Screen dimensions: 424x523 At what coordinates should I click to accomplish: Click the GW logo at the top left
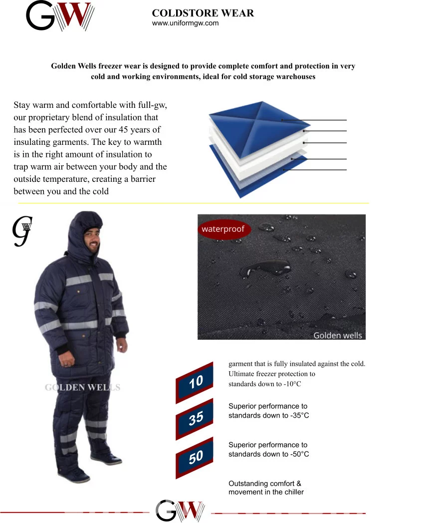(x=60, y=15)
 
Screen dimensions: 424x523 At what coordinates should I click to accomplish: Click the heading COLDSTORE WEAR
(x=203, y=13)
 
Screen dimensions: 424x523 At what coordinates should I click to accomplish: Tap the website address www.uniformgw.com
(x=185, y=23)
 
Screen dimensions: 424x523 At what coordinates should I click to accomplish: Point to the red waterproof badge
(x=223, y=229)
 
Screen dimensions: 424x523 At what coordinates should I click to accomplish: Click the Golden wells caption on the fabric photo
(x=337, y=335)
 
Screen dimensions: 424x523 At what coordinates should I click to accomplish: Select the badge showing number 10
(x=195, y=383)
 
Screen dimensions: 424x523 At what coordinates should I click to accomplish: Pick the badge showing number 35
(x=195, y=419)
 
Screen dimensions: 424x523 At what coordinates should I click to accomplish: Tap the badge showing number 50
(x=195, y=458)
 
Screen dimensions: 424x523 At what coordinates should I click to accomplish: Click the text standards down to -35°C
(x=268, y=416)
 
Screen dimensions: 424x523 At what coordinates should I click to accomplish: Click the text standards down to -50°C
(x=268, y=454)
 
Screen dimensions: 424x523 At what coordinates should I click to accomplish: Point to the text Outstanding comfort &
(x=265, y=484)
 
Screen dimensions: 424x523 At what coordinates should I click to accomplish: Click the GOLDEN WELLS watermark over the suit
(x=83, y=387)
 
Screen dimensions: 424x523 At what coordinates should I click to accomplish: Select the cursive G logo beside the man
(x=22, y=231)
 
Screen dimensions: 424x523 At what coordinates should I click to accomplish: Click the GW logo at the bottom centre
(x=180, y=511)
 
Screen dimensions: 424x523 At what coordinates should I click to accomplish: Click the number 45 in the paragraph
(x=124, y=130)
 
